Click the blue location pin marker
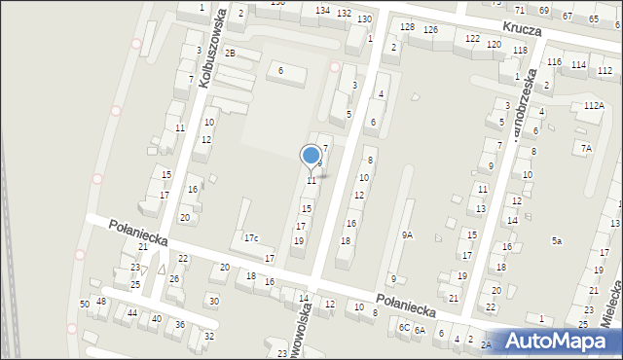tap(311, 157)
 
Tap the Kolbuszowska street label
tap(214, 49)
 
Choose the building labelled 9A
tap(407, 234)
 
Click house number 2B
tap(230, 53)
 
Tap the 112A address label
tap(594, 105)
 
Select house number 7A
tap(586, 148)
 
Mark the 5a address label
tap(557, 240)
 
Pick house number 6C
tap(404, 328)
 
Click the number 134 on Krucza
tap(322, 10)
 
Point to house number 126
tap(430, 30)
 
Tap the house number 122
tap(472, 38)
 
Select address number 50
tap(85, 305)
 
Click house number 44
tap(131, 313)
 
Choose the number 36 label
tap(179, 324)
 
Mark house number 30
tap(214, 302)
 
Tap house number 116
tap(554, 62)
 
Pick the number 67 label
tap(568, 17)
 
